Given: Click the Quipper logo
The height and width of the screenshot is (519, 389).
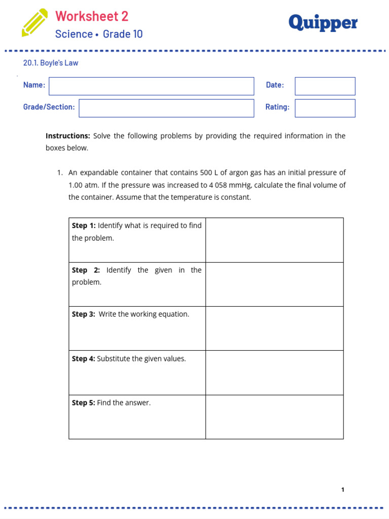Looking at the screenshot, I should click(323, 22).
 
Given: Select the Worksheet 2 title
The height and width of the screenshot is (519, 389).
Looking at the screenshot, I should click(92, 16).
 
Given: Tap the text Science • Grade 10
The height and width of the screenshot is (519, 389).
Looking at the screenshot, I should click(99, 34).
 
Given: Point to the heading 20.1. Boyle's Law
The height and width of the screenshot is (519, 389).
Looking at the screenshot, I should click(51, 63).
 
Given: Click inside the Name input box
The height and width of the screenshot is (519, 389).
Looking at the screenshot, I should click(151, 86).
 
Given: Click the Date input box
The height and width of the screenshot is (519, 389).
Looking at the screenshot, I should click(325, 86).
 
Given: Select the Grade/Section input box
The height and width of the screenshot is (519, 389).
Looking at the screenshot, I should click(166, 108).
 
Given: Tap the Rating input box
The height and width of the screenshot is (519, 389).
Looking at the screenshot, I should click(325, 108).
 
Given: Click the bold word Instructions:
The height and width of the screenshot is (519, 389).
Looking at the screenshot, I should click(68, 136).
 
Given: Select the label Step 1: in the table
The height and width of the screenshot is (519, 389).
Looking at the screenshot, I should click(84, 226).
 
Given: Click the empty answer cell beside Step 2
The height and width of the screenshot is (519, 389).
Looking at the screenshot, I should click(274, 284).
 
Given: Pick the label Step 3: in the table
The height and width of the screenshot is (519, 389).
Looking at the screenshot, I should click(84, 314).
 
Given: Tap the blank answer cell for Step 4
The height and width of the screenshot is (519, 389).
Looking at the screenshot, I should click(274, 373).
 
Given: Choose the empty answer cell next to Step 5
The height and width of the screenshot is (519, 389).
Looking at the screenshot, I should click(274, 417).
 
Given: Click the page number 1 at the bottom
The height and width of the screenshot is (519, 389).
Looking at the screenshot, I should click(343, 490).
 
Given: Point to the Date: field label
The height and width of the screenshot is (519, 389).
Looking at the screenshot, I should click(275, 85).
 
